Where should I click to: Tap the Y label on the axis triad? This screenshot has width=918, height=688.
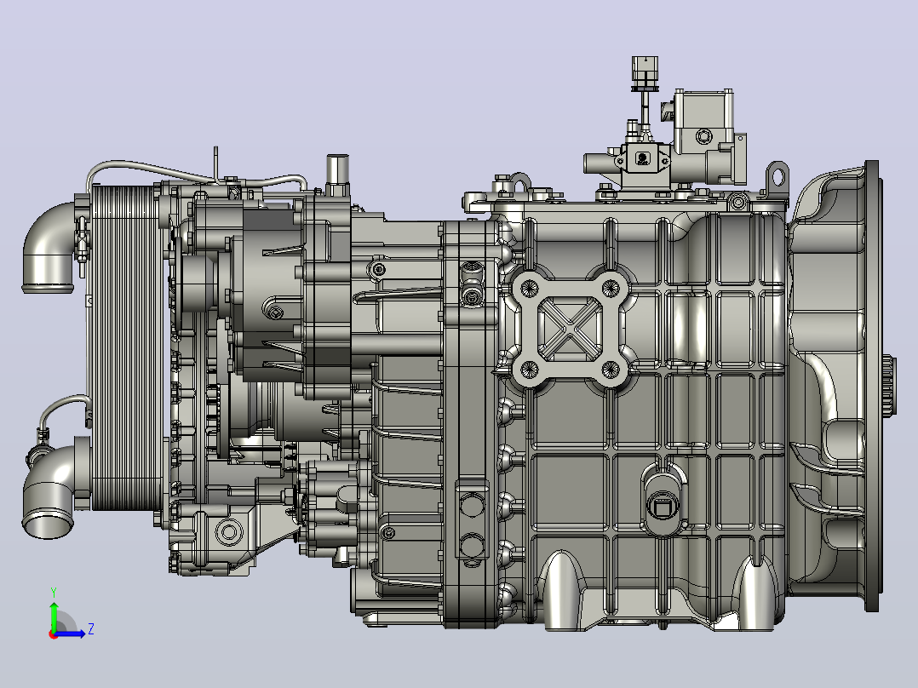click(x=54, y=593)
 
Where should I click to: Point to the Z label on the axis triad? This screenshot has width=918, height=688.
click(x=91, y=629)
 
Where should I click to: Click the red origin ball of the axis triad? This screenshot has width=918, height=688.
click(x=54, y=634)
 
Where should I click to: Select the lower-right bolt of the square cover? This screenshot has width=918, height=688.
click(x=611, y=369)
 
